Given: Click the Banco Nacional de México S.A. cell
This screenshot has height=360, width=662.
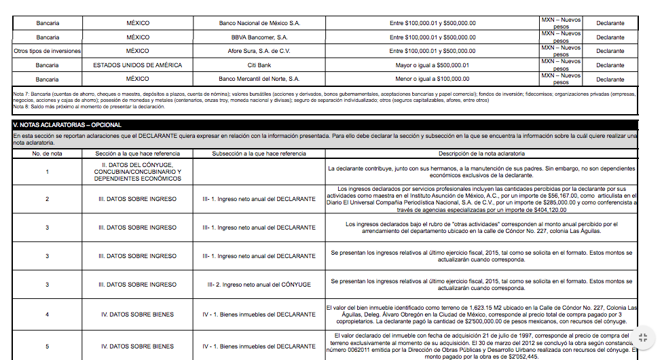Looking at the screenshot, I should tap(259, 23).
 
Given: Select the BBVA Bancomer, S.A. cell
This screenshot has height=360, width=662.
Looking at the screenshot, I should tap(259, 37).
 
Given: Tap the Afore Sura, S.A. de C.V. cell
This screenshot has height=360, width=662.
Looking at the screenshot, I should tap(259, 51).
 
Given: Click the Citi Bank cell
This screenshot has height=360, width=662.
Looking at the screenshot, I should tap(259, 65).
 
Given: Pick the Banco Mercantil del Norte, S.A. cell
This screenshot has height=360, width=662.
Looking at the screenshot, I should tap(259, 79).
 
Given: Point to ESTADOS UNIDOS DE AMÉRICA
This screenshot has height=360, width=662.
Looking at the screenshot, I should tap(138, 65).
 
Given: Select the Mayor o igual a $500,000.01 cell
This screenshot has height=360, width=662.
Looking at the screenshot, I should tap(433, 65).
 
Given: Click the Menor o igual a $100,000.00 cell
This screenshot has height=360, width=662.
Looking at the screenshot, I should tap(433, 79).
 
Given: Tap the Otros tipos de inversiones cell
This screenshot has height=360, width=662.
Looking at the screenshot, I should tap(48, 51).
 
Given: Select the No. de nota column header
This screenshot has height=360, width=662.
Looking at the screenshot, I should tap(48, 154).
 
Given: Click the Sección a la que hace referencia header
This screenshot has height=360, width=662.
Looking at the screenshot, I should tap(138, 154).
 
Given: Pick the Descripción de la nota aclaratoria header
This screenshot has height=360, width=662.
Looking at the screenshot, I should tap(481, 154).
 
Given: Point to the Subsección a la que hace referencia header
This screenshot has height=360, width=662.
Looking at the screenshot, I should tap(259, 154).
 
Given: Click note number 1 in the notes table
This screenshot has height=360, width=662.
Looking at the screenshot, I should tap(48, 172).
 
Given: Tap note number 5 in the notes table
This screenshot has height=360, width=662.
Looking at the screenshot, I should tap(48, 346).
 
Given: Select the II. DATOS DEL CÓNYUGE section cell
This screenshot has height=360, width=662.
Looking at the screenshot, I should tap(138, 172).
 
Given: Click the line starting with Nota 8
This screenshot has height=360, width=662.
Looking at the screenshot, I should tap(88, 107).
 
